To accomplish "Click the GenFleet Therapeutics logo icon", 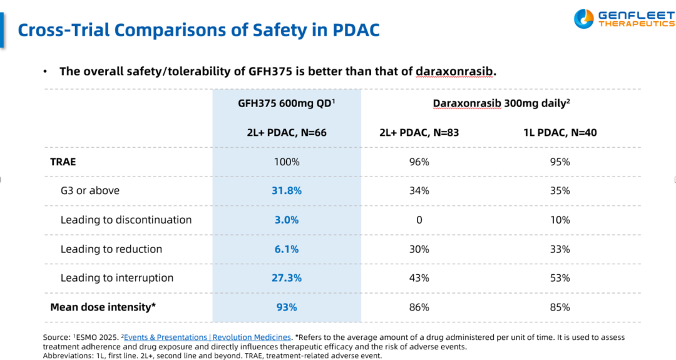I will pos(583,19).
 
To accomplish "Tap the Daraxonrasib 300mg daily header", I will pos(501,103).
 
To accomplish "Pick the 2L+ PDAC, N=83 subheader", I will pos(419,133).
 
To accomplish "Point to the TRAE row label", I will pos(63,162).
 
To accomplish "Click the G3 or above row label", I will pos(90,190).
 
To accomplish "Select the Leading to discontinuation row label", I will pos(126,220).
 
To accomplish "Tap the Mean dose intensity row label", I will pos(103,307).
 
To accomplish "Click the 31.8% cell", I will pos(287,190).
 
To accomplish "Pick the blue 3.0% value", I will pos(287,220).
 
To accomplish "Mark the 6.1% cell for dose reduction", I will pos(287,249).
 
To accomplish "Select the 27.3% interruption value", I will pos(287,278).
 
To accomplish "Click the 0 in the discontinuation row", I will pos(419,220).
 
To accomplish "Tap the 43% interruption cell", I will pos(419,278).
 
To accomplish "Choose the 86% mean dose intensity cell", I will pos(419,307).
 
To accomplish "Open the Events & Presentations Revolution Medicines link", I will pos(207,337).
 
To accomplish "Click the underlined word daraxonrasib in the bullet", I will pos(454,71).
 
